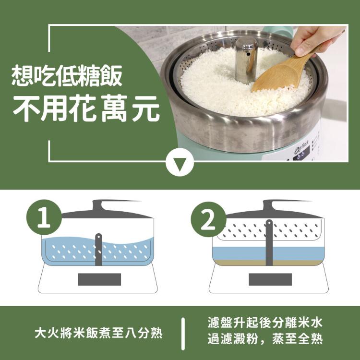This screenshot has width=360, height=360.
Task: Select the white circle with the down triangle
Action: (x=180, y=162)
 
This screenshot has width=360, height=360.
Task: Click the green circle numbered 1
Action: (x=44, y=217)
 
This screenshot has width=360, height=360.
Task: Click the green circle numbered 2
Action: (x=208, y=219)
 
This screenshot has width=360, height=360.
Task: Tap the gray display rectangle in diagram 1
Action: (x=99, y=279)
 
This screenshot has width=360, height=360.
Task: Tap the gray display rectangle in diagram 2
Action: (x=270, y=279)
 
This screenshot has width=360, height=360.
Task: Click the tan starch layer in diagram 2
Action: (x=268, y=263)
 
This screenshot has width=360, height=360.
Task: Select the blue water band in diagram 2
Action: (x=268, y=254)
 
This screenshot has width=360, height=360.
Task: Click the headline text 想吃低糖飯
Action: (x=67, y=76)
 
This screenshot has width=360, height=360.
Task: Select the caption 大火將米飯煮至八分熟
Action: (x=99, y=333)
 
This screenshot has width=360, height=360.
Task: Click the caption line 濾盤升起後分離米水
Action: (x=265, y=323)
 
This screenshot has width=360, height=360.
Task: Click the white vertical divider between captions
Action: (x=183, y=334)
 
